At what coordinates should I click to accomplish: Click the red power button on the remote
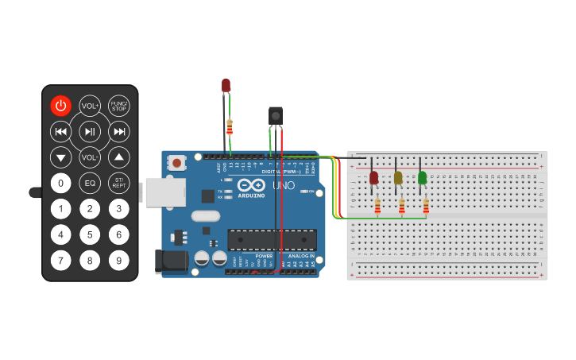[x=61, y=106]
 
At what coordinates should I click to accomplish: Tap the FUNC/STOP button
[x=119, y=106]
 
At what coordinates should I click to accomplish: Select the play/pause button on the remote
[x=90, y=131]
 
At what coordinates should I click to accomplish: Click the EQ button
[x=90, y=183]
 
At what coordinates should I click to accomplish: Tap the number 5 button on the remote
[x=90, y=234]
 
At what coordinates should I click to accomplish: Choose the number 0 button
[x=61, y=183]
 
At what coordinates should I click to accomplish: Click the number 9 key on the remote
[x=119, y=260]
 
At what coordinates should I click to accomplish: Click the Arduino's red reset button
[x=177, y=163]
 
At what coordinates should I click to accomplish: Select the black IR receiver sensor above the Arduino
[x=276, y=116]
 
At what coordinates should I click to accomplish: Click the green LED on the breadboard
[x=422, y=177]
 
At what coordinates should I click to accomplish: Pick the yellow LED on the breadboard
[x=398, y=177]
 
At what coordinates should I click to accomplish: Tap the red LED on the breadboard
[x=374, y=177]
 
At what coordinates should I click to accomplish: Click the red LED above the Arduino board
[x=226, y=84]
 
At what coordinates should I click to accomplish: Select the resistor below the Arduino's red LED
[x=230, y=127]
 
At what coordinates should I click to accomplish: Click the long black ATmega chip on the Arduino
[x=272, y=239]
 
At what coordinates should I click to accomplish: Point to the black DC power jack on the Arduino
[x=170, y=261]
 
